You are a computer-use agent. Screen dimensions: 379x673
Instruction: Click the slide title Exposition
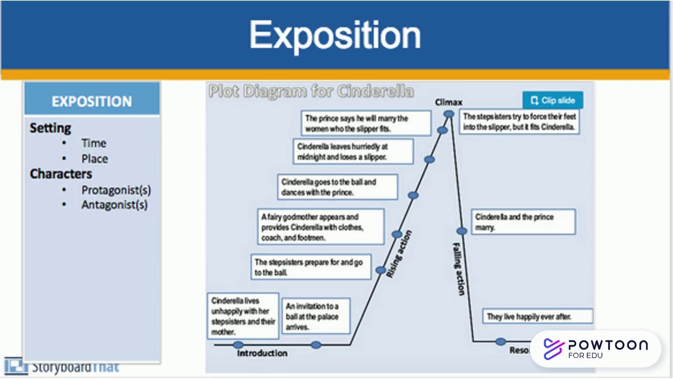(x=335, y=36)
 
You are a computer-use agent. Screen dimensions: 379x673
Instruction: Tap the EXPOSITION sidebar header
(x=91, y=102)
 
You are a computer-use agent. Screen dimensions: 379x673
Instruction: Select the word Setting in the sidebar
(x=50, y=128)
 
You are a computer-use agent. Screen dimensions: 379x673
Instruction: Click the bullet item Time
(x=94, y=143)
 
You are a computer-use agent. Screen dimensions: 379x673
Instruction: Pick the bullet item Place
(x=94, y=159)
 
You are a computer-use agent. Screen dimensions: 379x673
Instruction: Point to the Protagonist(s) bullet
(x=116, y=190)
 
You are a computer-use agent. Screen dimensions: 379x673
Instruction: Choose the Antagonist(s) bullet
(x=114, y=205)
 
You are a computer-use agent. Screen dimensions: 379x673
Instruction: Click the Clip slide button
(x=553, y=100)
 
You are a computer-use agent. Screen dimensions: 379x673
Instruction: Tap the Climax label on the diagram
(x=448, y=102)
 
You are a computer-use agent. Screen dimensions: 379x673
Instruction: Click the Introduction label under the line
(x=262, y=353)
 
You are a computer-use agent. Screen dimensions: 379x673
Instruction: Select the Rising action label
(x=400, y=254)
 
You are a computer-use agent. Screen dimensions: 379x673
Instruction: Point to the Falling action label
(x=459, y=268)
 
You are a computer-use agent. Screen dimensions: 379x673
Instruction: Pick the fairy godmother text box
(x=321, y=227)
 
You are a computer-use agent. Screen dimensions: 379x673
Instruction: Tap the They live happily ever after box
(x=537, y=316)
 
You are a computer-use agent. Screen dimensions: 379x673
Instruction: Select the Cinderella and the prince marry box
(x=523, y=222)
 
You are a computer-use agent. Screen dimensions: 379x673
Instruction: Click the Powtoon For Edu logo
(x=596, y=348)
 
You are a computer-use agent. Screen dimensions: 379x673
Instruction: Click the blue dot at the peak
(x=448, y=114)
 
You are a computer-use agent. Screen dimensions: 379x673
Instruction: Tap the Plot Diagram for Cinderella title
(x=311, y=92)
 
